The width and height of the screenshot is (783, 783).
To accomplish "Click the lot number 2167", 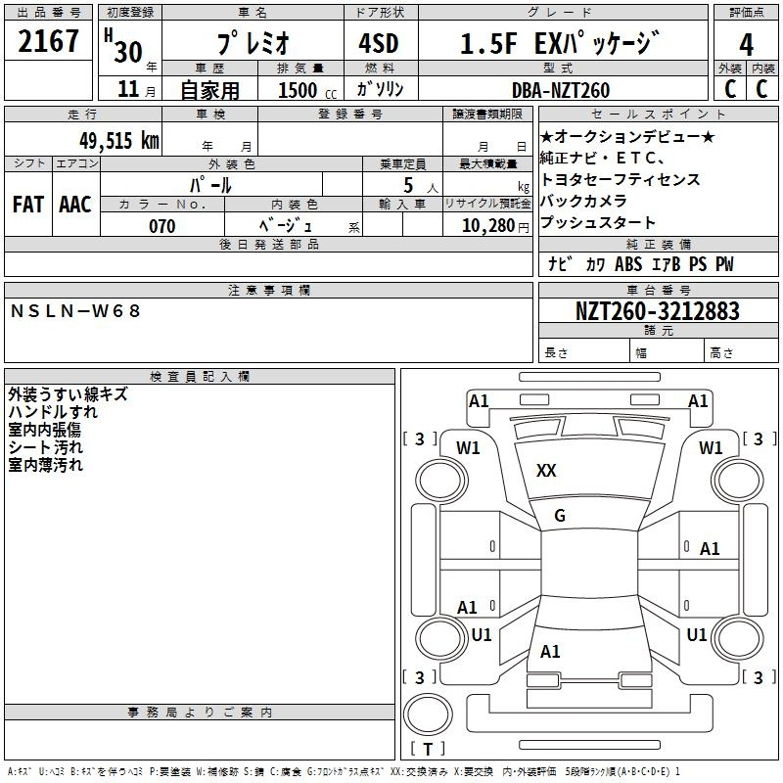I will [49, 42].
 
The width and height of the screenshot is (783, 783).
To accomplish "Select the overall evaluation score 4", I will [747, 45].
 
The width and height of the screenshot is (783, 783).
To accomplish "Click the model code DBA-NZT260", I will [560, 90].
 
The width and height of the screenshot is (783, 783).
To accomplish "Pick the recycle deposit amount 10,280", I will [486, 226].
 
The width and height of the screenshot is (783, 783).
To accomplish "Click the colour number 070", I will [162, 226].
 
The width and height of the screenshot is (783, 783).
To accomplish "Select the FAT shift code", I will [27, 205].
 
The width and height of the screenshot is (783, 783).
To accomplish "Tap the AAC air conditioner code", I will [75, 205].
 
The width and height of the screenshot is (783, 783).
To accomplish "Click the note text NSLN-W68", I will [76, 311].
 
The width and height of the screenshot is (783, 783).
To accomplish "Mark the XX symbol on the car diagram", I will [546, 471].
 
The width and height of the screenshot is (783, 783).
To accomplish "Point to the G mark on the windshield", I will [560, 516].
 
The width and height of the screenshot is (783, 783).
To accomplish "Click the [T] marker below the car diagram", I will [427, 750].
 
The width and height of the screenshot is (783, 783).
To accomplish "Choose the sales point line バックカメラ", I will [584, 201].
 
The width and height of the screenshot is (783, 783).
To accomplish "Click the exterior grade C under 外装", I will [730, 88].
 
